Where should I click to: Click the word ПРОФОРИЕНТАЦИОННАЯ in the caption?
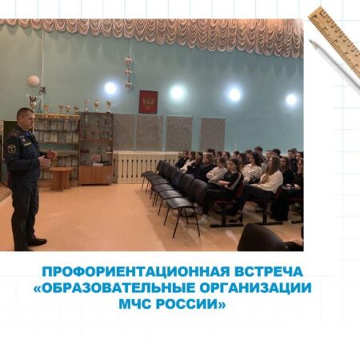pos(135,272)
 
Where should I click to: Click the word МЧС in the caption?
pos(134,304)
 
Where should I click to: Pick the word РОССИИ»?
pos(190,304)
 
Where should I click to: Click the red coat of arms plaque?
pos(148,102)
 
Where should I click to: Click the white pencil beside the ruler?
pos(334,65)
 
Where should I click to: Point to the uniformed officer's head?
pos(26,118)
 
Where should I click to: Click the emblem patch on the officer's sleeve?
pos(11,149)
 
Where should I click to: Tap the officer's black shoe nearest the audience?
pos(37,242)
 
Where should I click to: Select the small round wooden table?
pos(61,178)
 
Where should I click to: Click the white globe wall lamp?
pos(34,81)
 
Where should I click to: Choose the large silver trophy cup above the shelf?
pos(34,102)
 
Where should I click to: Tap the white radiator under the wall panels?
pos(146,167)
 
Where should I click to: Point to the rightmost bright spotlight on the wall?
pos(291,100)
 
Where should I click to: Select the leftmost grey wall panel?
pos(123,132)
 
